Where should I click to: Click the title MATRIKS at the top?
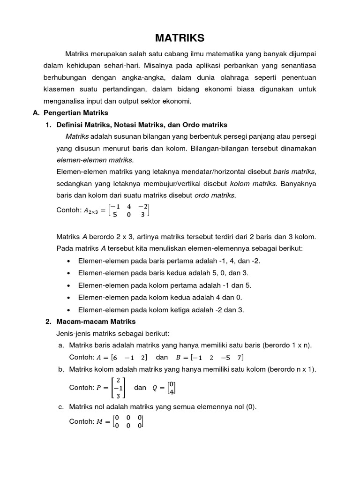click(x=180, y=37)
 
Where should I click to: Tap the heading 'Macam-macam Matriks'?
click(x=96, y=322)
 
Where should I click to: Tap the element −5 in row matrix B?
click(x=225, y=358)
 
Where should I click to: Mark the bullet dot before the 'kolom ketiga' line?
click(x=69, y=310)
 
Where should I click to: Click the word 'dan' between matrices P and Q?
click(x=140, y=388)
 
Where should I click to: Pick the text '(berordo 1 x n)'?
click(x=287, y=345)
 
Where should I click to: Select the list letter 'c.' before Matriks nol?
click(x=61, y=407)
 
